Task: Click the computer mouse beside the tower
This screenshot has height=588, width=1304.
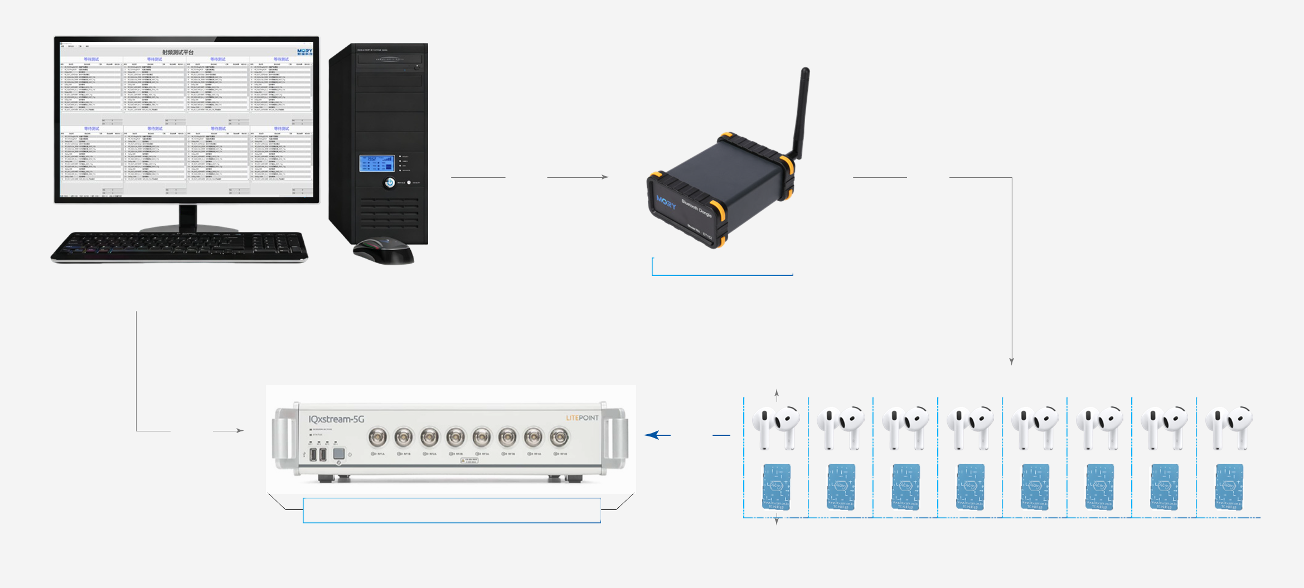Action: tap(384, 250)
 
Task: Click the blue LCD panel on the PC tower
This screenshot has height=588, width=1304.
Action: tap(377, 163)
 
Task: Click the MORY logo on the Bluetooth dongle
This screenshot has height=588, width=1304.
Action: tap(666, 202)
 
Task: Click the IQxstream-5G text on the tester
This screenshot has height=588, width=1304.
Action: tap(336, 419)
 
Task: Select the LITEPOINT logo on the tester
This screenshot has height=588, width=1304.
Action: tap(582, 417)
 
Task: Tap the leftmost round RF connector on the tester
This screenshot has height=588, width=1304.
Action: tap(377, 438)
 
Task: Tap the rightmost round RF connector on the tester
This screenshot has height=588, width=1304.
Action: tap(559, 438)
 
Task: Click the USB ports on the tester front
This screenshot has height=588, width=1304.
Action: tap(318, 454)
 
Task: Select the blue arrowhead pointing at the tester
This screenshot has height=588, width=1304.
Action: tap(651, 435)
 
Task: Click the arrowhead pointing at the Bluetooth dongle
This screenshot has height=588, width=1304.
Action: tap(605, 177)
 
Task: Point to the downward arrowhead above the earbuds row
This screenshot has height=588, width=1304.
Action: tap(1011, 361)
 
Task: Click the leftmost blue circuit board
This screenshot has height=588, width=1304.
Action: tap(776, 486)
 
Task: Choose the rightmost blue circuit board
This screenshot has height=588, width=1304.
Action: tap(1229, 486)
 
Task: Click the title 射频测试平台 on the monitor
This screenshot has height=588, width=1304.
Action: tap(178, 52)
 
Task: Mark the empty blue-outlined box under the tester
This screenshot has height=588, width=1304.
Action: tap(452, 510)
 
